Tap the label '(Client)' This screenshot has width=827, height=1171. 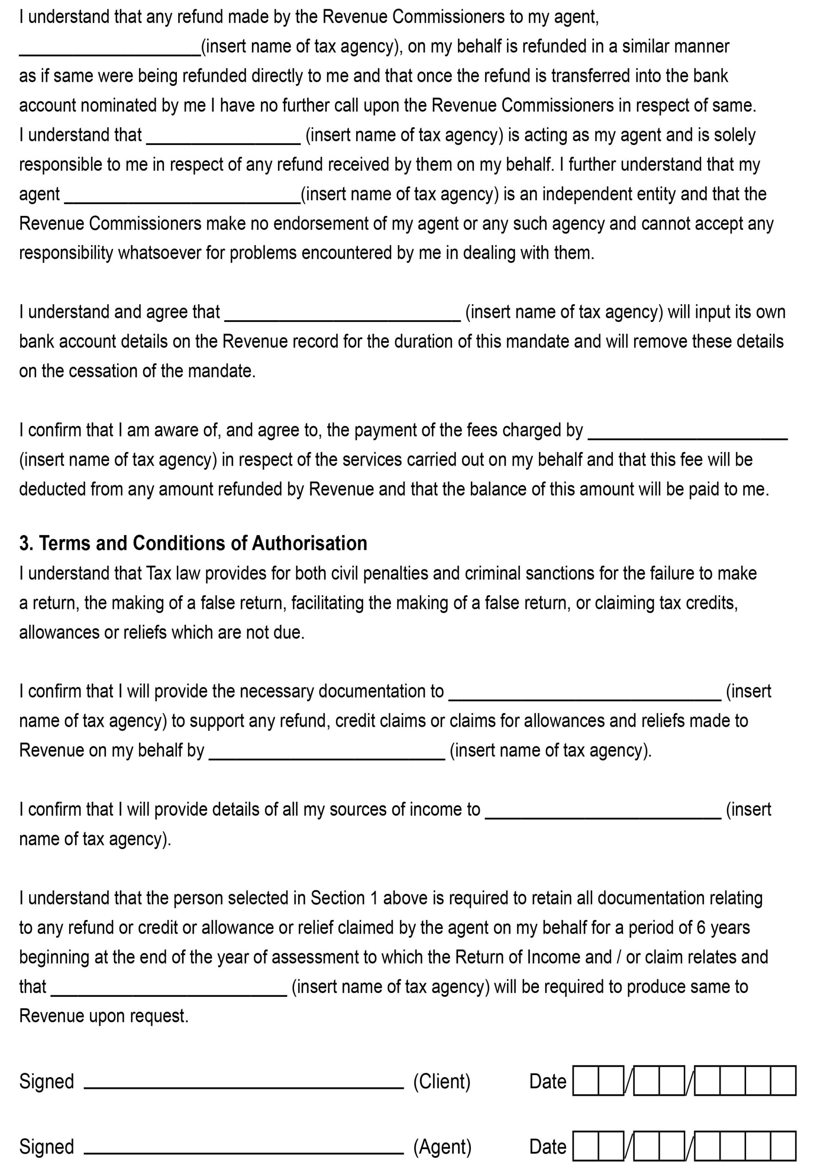[442, 1081]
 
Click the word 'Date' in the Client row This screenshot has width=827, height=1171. [548, 1081]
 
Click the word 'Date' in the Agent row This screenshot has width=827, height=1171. [548, 1146]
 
